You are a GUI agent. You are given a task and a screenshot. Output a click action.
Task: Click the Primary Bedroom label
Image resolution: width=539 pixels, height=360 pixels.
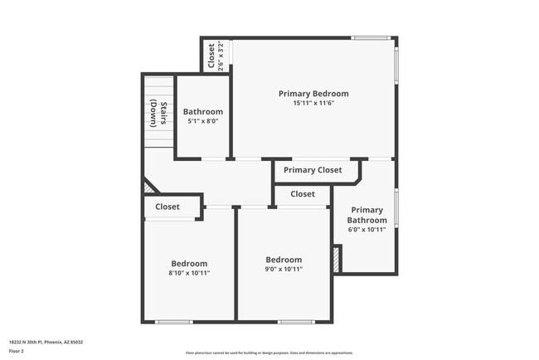(313, 94)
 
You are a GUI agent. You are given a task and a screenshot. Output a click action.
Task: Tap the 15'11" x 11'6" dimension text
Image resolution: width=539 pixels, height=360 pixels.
(313, 104)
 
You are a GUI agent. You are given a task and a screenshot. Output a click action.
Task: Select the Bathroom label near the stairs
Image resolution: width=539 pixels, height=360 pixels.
(203, 111)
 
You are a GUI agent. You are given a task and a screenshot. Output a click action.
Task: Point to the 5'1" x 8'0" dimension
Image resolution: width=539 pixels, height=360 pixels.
(203, 121)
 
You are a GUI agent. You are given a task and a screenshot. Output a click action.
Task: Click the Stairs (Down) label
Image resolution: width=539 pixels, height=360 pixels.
(158, 114)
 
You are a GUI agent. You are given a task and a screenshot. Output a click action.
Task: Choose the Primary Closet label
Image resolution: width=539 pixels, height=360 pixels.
(313, 170)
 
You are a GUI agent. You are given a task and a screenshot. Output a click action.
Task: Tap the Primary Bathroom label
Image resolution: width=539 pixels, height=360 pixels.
(367, 215)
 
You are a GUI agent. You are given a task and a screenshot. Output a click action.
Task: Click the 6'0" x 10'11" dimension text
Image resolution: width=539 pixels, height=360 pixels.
(367, 230)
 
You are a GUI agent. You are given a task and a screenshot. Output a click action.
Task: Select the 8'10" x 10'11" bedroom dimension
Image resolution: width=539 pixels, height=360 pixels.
(189, 272)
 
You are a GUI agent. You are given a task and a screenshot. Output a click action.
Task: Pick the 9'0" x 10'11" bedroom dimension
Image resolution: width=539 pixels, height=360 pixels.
(284, 269)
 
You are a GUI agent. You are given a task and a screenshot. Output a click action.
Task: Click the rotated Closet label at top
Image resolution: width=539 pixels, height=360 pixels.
(211, 56)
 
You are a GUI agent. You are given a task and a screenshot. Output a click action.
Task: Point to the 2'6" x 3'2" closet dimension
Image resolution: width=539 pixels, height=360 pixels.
(221, 56)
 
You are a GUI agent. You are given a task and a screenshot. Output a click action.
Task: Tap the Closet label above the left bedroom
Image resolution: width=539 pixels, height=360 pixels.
(168, 207)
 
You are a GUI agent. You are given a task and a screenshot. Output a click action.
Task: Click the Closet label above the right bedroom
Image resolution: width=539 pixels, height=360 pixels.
(303, 194)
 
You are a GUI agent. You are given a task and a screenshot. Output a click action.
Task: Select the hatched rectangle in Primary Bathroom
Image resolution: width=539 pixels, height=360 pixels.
(337, 258)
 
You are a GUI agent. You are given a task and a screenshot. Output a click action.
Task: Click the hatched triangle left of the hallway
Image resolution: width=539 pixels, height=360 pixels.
(149, 187)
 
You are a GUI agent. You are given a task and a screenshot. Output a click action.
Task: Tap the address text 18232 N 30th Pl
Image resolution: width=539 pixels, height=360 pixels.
(46, 342)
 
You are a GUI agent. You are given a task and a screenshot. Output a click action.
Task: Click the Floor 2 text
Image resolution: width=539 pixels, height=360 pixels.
(17, 352)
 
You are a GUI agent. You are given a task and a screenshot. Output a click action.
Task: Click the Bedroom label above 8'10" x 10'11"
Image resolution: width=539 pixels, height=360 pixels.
(189, 263)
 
